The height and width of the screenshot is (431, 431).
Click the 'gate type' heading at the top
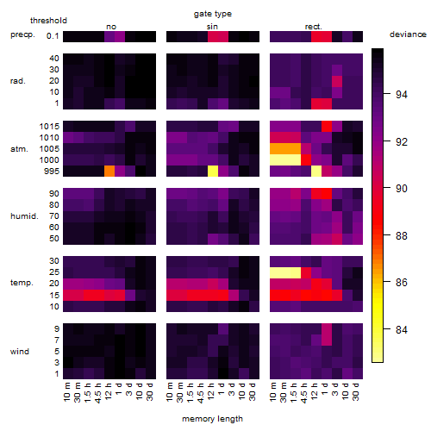(213, 14)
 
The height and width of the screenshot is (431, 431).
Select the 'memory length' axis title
(212, 419)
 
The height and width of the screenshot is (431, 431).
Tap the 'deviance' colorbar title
(408, 34)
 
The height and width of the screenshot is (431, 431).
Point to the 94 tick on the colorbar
(387, 94)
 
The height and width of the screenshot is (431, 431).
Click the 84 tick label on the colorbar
(402, 329)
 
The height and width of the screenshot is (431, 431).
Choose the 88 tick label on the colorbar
(402, 235)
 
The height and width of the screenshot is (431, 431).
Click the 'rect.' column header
(314, 27)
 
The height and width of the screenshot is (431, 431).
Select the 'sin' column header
(212, 27)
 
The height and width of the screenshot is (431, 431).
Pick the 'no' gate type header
(111, 27)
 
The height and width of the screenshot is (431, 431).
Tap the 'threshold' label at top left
(48, 21)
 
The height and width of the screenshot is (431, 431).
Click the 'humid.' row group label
(24, 216)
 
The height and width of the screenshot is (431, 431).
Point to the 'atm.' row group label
(19, 149)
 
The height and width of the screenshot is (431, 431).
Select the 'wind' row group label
(20, 352)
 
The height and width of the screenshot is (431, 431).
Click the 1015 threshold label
(49, 127)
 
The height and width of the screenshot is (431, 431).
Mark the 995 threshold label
(52, 172)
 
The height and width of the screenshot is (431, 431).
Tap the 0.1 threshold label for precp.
(53, 36)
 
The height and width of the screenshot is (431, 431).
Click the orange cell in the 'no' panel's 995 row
(109, 171)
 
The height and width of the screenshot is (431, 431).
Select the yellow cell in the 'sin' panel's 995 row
(213, 171)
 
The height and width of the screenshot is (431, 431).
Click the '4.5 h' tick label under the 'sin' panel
(200, 392)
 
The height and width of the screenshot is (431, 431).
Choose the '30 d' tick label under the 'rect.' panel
(356, 391)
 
